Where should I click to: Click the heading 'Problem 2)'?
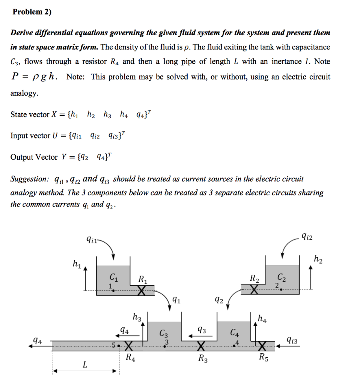[32, 12]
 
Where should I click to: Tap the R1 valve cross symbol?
[142, 291]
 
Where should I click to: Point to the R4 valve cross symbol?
[128, 345]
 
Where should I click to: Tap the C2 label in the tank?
[281, 278]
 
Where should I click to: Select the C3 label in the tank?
[164, 333]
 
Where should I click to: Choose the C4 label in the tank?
[235, 332]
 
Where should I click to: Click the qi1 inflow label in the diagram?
[91, 238]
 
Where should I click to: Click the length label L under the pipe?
[85, 364]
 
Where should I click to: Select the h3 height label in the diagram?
[137, 317]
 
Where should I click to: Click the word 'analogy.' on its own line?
[24, 93]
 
